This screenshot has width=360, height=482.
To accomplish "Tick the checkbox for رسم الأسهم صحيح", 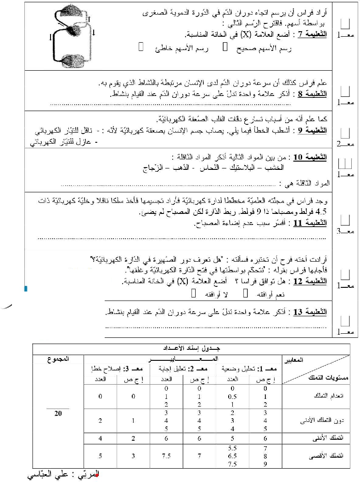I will point(224,47).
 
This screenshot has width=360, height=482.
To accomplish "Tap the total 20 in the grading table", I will point(58,413).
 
